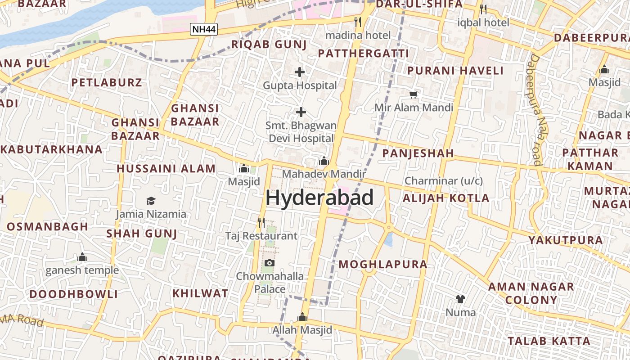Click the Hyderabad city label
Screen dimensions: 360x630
pos(319,198)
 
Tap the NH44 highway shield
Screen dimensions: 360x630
pos(204,30)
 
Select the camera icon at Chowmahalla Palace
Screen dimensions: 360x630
pos(270,263)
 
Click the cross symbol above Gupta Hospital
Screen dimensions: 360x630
pos(300,72)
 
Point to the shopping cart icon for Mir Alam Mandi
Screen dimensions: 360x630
pos(414,94)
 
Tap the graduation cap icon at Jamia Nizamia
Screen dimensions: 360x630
pos(151,201)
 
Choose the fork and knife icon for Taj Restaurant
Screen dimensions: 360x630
pos(261,222)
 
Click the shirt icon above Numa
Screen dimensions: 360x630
pos(460,299)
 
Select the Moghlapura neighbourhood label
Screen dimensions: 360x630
pos(383,264)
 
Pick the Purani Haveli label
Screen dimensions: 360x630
pos(455,71)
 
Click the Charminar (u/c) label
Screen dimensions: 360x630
pos(444,181)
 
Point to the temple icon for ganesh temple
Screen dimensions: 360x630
pos(82,257)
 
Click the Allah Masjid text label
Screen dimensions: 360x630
pos(302,330)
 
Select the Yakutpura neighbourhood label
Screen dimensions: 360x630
pos(566,240)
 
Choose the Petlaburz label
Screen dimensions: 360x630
pos(107,82)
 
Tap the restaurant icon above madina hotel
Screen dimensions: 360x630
pos(358,22)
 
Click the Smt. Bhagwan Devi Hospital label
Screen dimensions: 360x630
pos(301,132)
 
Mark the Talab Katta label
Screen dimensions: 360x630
pos(549,341)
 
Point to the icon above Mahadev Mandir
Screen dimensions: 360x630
pos(324,161)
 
